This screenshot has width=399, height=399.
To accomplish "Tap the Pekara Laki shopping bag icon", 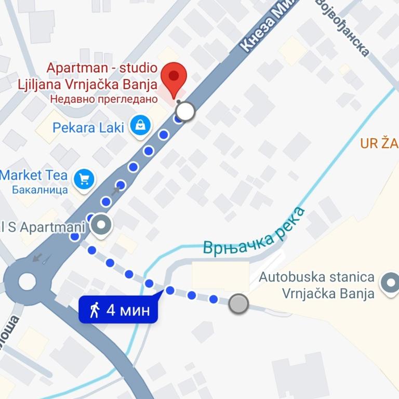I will pyautogui.click(x=140, y=126).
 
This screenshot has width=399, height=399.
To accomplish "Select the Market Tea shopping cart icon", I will pyautogui.click(x=84, y=179).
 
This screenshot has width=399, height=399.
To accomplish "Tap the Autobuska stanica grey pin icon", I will pyautogui.click(x=389, y=283).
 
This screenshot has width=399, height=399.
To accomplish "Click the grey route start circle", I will pyautogui.click(x=238, y=303).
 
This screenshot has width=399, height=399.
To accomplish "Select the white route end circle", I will pyautogui.click(x=185, y=111).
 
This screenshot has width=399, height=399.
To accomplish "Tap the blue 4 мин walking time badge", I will pyautogui.click(x=118, y=310).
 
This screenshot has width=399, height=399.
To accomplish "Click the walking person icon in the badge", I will pyautogui.click(x=95, y=310).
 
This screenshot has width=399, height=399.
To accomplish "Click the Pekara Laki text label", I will pyautogui.click(x=88, y=127).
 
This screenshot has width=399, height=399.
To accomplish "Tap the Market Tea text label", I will pyautogui.click(x=34, y=175).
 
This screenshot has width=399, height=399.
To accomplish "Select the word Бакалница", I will pyautogui.click(x=41, y=189).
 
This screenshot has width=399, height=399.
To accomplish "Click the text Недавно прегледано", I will pyautogui.click(x=104, y=98).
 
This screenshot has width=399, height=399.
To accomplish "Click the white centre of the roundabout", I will pyautogui.click(x=27, y=282).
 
